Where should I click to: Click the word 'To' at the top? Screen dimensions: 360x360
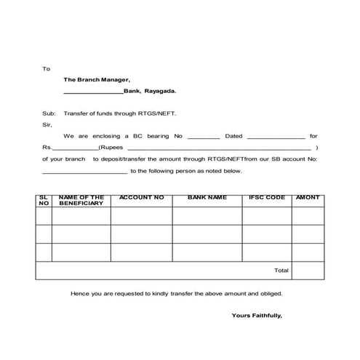tap(46, 68)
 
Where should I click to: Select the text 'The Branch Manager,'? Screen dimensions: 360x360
tap(97, 80)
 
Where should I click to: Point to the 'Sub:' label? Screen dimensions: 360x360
tap(48, 113)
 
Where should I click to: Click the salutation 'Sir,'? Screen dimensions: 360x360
tap(47, 124)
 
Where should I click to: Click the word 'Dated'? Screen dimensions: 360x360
tap(233, 136)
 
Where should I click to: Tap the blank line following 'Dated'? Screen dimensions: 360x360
tap(276, 137)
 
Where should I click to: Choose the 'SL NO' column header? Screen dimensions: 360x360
tap(43, 201)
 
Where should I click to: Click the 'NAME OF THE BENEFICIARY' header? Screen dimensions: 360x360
tap(81, 201)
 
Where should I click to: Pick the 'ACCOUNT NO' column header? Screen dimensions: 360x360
tap(141, 198)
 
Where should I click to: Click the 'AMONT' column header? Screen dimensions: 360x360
tap(308, 198)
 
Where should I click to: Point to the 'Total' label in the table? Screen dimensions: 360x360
tap(281, 271)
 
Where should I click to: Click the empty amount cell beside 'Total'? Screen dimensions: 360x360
tap(308, 271)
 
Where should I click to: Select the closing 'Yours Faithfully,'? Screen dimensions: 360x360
tap(256, 316)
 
